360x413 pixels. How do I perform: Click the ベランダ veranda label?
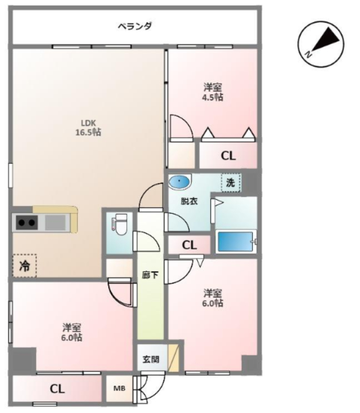pos(134,26)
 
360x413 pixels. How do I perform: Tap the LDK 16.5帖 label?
pos(88,128)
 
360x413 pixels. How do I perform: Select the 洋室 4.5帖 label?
pos(212,92)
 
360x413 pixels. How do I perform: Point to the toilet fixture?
pos(120,224)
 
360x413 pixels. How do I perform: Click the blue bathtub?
pos(235,241)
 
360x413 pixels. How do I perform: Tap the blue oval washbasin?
pos(179,182)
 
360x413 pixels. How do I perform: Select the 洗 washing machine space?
pos(231,183)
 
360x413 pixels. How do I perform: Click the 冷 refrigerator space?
pos(24,265)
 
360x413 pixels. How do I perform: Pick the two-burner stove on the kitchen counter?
pos(27,223)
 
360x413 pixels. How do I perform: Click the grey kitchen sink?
pos(56,223)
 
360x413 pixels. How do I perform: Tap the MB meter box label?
pos(119,388)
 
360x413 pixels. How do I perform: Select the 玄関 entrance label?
pos(151,359)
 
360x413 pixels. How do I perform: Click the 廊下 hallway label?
pos(150,275)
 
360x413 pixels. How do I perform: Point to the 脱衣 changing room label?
pos(189,202)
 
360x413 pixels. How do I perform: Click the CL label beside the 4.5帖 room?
pos(228,156)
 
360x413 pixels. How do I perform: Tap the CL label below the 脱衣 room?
pos(189,245)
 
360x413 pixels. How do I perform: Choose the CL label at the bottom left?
pos(57,389)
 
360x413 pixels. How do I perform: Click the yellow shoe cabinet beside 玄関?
pos(174,358)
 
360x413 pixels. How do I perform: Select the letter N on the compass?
pos(308,54)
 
